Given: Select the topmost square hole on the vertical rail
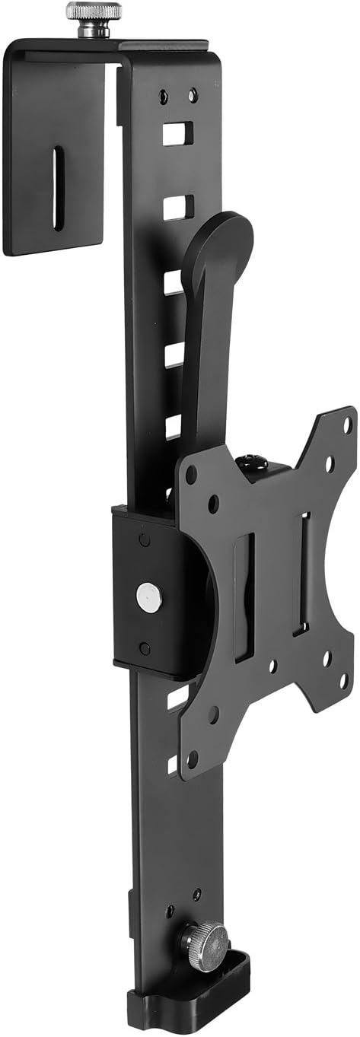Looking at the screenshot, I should (177, 135).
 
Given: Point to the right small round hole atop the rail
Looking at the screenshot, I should (193, 95).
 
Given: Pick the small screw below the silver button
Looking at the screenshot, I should (145, 648).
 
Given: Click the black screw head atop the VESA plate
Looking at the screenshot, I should (250, 463).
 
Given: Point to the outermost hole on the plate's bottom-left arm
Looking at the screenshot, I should (193, 758).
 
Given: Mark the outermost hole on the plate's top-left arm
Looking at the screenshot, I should (191, 476).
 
